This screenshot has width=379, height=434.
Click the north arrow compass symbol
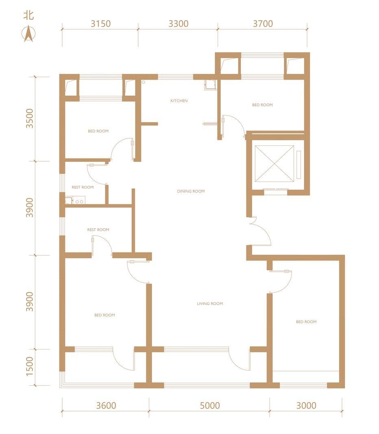[x=28, y=33]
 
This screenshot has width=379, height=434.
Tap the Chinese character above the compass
[x=28, y=15]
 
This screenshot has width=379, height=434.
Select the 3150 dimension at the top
[x=101, y=24]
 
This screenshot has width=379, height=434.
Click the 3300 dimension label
[x=179, y=24]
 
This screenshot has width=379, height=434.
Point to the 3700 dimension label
[x=263, y=24]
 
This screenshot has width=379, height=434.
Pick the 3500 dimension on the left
[x=29, y=119]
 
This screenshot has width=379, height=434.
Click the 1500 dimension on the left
[x=29, y=367]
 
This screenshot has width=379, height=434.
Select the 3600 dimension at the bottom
[x=106, y=406]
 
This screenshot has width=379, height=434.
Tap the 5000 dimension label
[x=210, y=406]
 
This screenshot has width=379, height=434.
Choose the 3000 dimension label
[x=307, y=406]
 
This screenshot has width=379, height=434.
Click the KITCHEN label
[x=179, y=101]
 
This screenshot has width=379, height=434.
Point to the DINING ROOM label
[x=191, y=191]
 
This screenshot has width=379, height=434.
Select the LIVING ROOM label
[x=210, y=304]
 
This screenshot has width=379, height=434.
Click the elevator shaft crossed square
[x=274, y=164]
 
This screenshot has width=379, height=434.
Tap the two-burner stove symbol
[x=79, y=200]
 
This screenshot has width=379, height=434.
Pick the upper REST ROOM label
[x=83, y=187]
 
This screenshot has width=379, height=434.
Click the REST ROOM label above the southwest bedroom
[x=98, y=230]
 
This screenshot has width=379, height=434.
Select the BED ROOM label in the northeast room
[x=262, y=105]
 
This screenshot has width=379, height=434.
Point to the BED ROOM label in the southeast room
[x=306, y=322]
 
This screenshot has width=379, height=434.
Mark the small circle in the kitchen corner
[x=144, y=82]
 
